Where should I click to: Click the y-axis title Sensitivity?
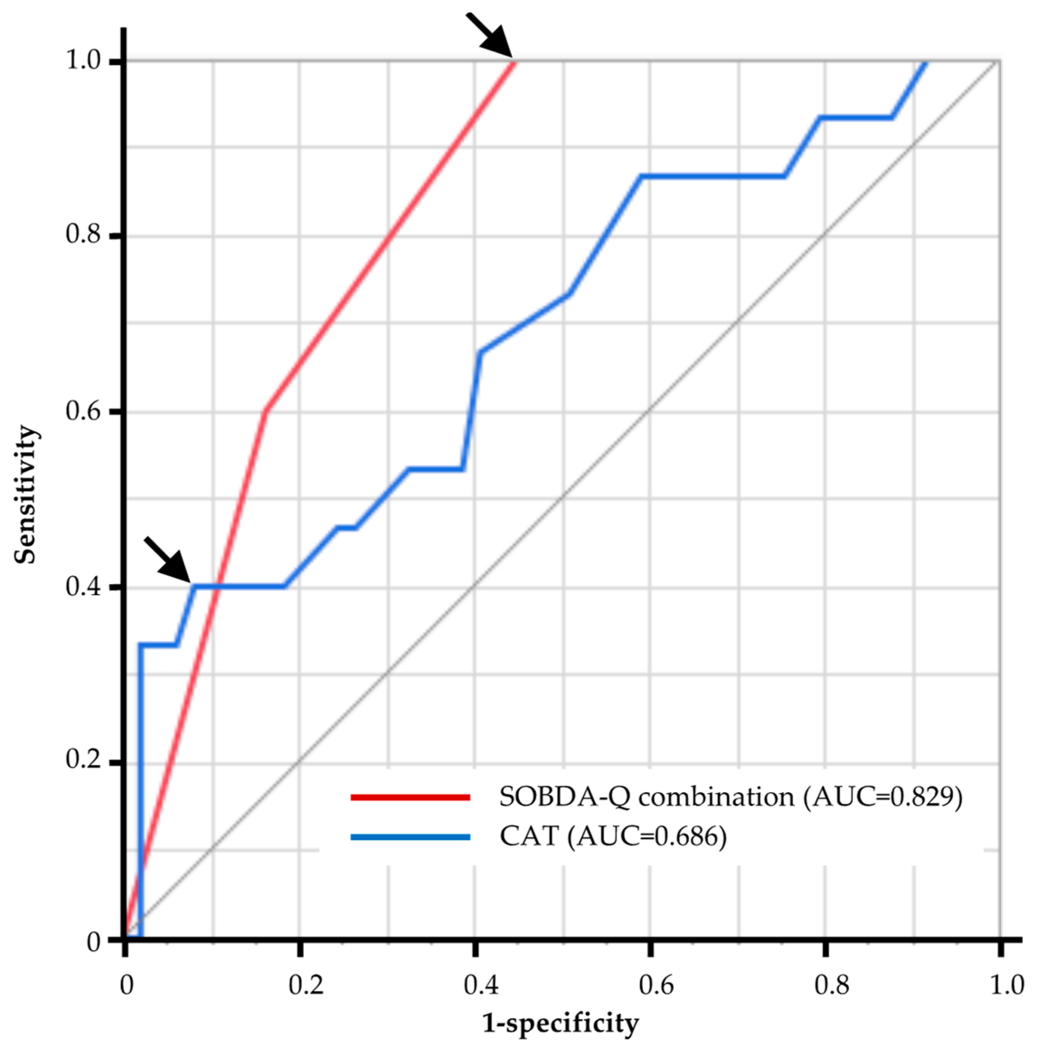click(x=26, y=495)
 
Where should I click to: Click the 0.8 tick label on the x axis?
click(x=831, y=985)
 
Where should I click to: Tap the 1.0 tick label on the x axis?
click(x=1006, y=985)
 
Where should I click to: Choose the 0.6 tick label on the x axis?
click(x=656, y=985)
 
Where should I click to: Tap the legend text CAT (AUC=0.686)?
click(x=613, y=836)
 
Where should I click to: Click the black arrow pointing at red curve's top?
click(x=489, y=34)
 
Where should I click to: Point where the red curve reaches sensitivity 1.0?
click(x=514, y=61)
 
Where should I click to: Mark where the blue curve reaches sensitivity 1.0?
click(x=925, y=62)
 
